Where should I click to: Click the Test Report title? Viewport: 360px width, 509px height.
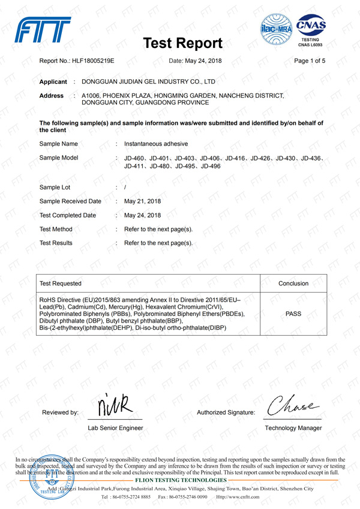[x=184, y=43]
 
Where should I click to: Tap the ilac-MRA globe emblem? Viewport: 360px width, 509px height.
[x=278, y=30]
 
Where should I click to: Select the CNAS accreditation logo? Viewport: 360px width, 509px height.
[x=310, y=30]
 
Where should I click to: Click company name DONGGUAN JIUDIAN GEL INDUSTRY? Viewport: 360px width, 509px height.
[x=148, y=80]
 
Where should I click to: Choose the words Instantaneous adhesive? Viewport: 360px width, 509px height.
[x=156, y=144]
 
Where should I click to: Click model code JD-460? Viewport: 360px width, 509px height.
[x=134, y=158]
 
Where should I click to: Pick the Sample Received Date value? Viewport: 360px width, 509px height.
[x=142, y=201]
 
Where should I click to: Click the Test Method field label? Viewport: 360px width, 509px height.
[x=56, y=229]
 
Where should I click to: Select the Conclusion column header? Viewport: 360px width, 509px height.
[x=293, y=283]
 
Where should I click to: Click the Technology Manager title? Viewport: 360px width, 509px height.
[x=293, y=428]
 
